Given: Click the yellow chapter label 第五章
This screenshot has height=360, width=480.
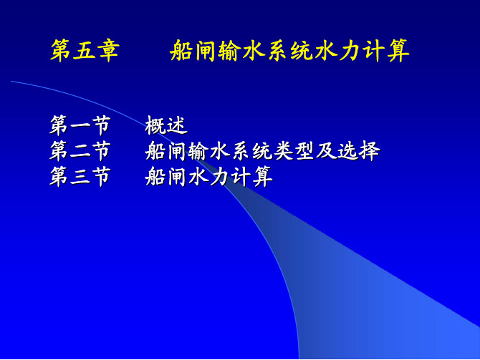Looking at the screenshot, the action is (x=85, y=51).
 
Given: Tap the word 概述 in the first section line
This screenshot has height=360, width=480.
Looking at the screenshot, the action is (x=166, y=125).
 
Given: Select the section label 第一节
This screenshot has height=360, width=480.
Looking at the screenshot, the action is (x=80, y=125).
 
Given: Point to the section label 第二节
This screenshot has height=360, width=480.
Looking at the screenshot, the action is (x=80, y=151).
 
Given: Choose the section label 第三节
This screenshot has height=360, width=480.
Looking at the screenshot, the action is (x=80, y=177).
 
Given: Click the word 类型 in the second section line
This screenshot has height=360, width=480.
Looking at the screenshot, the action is (x=294, y=151).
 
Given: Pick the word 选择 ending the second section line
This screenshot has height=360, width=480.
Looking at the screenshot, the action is (x=359, y=151).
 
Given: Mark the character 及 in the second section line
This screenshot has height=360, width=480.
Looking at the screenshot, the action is (x=326, y=151).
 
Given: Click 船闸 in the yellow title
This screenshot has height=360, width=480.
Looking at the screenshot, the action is (x=193, y=51).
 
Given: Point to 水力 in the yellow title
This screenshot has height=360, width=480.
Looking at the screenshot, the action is (x=337, y=51).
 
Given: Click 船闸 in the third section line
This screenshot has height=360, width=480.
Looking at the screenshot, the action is (x=165, y=177).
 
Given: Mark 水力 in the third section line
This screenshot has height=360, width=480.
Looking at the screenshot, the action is (x=208, y=177).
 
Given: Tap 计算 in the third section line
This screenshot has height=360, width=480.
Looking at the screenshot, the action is (x=251, y=177).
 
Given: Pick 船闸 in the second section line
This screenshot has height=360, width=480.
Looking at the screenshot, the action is (x=165, y=151).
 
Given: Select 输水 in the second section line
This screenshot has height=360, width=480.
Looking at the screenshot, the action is (x=208, y=151).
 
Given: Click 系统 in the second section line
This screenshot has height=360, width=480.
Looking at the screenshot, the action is (x=251, y=151).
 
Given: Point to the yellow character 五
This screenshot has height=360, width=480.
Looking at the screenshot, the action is (x=85, y=51).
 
